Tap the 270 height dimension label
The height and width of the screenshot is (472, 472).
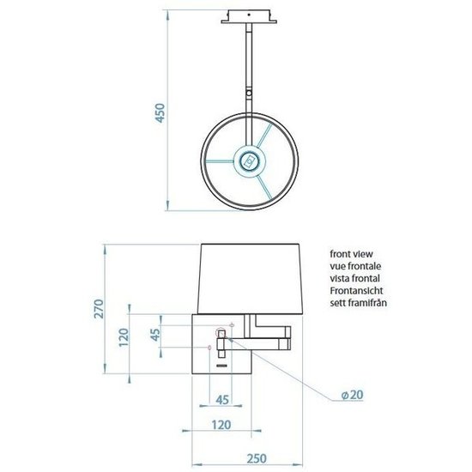[100, 309]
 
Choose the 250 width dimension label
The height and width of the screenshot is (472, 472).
[249, 458]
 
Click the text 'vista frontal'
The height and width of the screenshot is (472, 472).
[354, 279]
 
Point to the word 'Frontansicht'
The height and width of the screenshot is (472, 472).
[357, 291]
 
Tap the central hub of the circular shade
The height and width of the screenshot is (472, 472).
[250, 160]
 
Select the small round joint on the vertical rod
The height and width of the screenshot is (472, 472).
[250, 94]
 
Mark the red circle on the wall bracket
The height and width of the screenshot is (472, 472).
[210, 347]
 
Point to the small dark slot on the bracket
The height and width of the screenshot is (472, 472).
[221, 366]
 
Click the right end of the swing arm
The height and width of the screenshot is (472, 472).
[288, 330]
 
